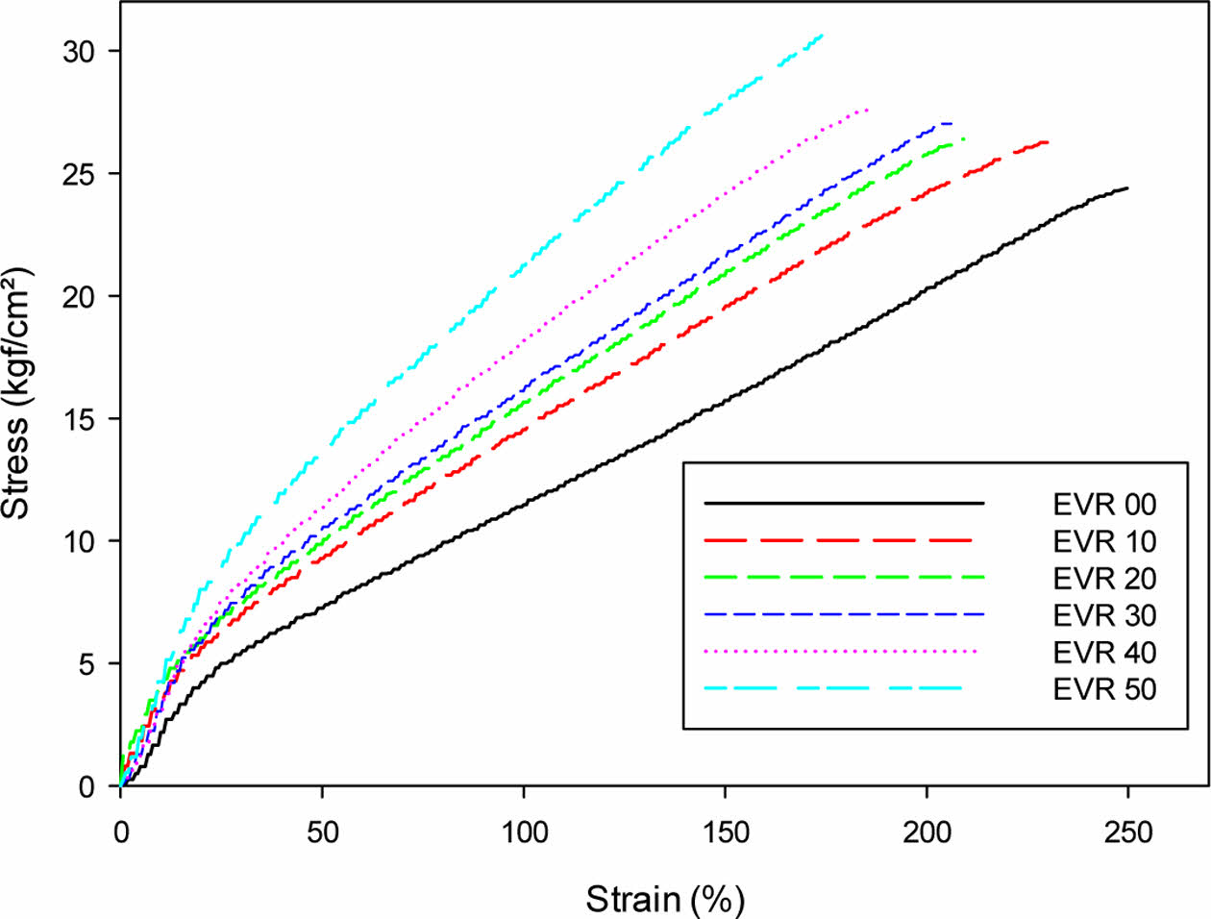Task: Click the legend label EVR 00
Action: click(1104, 504)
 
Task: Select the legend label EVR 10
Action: click(1104, 541)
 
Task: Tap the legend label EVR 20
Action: click(1104, 578)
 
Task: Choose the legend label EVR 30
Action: click(1104, 615)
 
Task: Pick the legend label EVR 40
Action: click(1104, 653)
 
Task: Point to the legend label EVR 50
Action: click(1104, 689)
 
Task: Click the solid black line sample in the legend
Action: click(844, 503)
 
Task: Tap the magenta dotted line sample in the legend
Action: click(840, 652)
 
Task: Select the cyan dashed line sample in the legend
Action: click(832, 688)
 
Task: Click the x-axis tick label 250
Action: click(1127, 832)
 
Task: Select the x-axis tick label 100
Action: click(523, 832)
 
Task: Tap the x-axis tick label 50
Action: click(322, 832)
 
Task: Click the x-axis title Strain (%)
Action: click(665, 899)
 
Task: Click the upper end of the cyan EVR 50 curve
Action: click(822, 36)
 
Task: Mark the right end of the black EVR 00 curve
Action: click(1126, 188)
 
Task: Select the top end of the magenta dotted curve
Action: click(868, 110)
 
